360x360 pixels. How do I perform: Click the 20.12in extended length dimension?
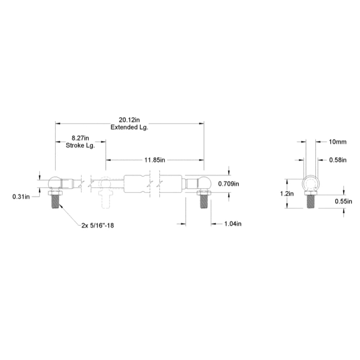point(129,120)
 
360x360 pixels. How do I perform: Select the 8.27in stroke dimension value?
point(80,138)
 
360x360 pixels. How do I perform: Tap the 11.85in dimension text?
point(154,160)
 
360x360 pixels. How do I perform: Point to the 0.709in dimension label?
point(229,184)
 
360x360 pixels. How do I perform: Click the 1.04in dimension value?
point(233,224)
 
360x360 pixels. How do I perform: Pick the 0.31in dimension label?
point(21,197)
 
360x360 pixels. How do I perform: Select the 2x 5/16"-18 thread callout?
point(98,225)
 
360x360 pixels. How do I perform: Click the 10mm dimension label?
point(338,142)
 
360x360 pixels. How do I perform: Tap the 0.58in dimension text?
point(338,160)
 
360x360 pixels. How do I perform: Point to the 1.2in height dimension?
point(287,194)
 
